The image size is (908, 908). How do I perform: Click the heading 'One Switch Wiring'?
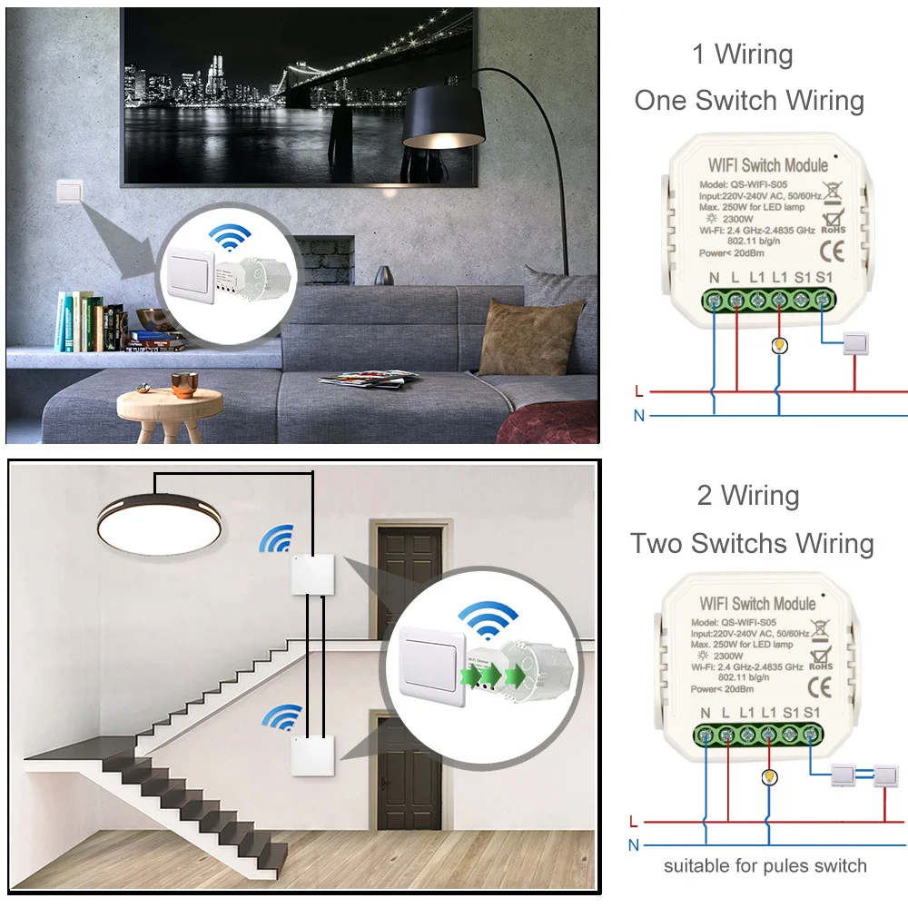click(749, 100)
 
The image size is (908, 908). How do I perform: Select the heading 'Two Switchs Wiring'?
click(752, 543)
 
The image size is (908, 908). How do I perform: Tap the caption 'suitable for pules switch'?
click(765, 865)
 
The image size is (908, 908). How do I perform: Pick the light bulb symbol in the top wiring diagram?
click(778, 345)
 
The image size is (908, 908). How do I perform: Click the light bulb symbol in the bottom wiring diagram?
click(769, 776)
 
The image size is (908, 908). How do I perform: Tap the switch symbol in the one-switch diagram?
click(855, 342)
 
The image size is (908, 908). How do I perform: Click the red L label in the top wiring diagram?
click(639, 391)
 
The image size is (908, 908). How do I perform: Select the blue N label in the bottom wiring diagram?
click(633, 844)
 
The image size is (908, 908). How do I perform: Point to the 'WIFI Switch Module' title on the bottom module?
click(757, 604)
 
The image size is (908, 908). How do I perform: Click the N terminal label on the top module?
click(714, 276)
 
